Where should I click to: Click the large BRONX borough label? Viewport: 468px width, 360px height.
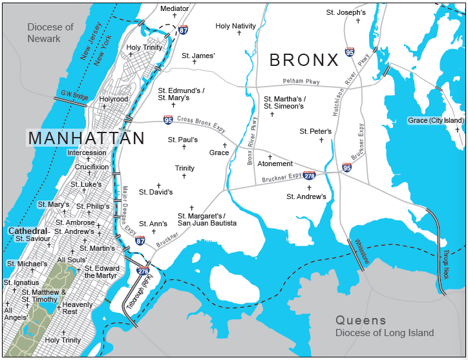(x=304, y=60)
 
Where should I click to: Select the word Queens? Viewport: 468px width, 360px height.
(x=360, y=321)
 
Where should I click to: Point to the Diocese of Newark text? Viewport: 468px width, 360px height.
(x=50, y=33)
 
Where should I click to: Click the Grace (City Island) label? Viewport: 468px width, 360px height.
(x=436, y=120)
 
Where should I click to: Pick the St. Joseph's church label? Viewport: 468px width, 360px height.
(x=346, y=12)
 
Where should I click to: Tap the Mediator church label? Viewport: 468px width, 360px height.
(x=175, y=8)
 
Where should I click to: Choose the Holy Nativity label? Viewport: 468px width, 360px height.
(x=236, y=26)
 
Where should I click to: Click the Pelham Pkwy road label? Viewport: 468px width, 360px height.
(x=301, y=81)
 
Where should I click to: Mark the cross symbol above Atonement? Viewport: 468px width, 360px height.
(x=270, y=156)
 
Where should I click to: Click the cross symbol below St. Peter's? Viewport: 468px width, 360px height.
(x=321, y=140)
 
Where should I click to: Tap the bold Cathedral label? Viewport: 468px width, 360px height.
(x=27, y=231)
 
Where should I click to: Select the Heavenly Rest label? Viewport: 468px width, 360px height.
(x=78, y=308)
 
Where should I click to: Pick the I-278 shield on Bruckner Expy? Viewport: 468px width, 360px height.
(x=309, y=175)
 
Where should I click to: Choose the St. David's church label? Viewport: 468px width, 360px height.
(x=157, y=192)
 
